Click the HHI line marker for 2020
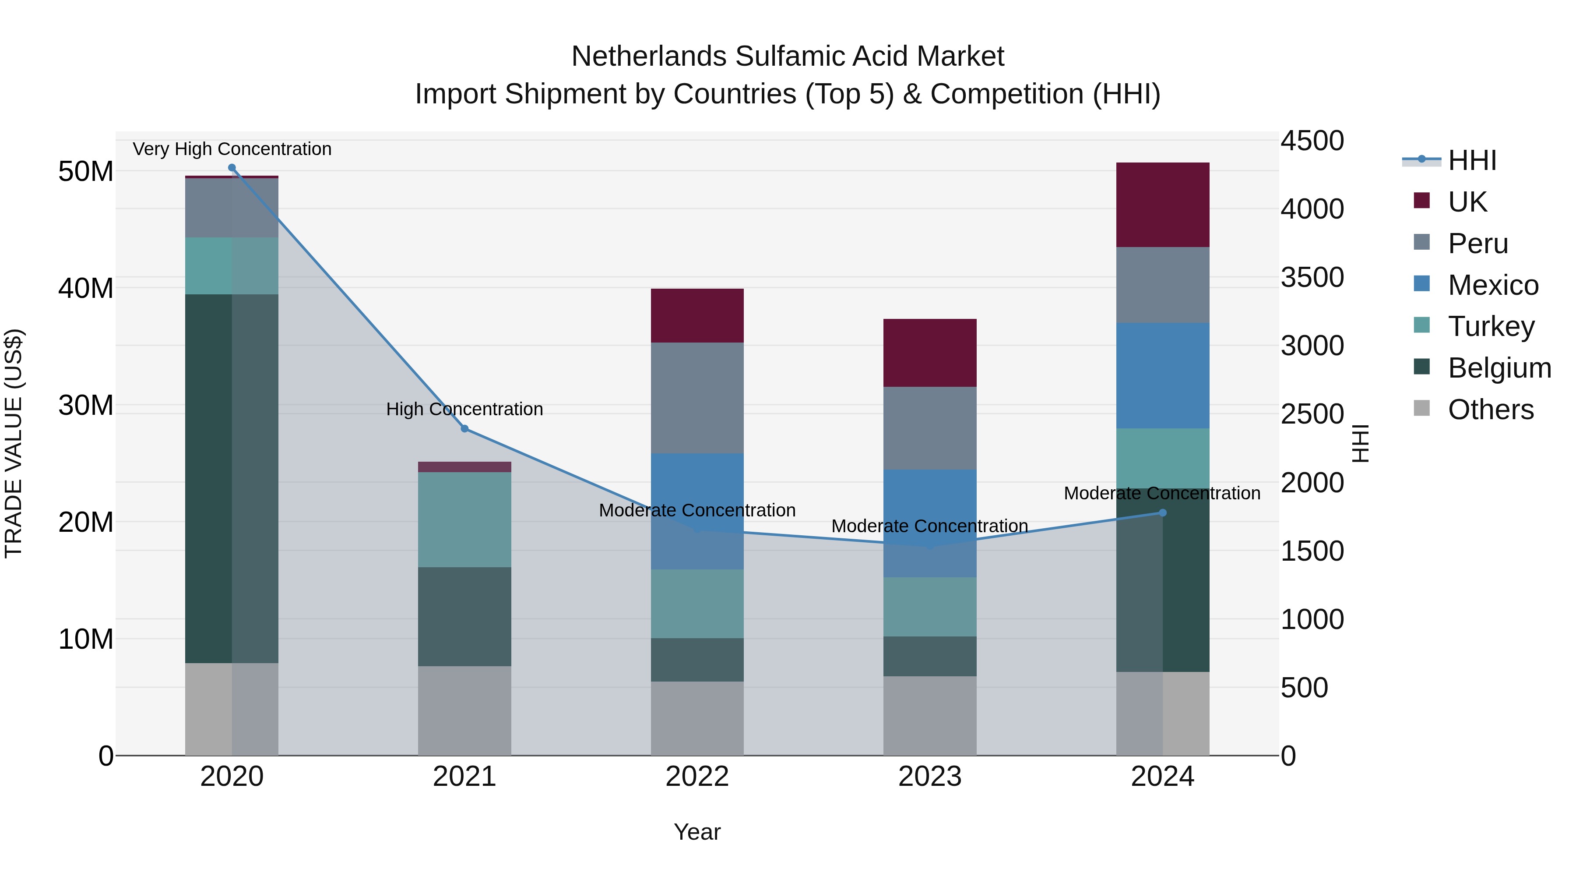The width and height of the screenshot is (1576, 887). click(x=232, y=168)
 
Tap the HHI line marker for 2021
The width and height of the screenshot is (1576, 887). click(x=464, y=428)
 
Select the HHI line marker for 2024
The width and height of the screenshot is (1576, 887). click(x=1162, y=513)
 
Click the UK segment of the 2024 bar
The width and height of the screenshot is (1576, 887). click(x=1162, y=205)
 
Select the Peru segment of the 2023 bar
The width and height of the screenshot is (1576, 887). click(x=929, y=428)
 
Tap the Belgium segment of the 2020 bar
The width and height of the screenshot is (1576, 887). click(x=232, y=478)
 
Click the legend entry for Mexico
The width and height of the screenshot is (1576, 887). click(x=1493, y=285)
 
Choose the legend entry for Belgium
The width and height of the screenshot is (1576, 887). click(x=1499, y=368)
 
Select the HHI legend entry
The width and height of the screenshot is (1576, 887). click(x=1471, y=160)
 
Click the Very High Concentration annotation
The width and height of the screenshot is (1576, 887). click(x=232, y=149)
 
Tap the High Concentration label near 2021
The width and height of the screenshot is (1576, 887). click(x=464, y=409)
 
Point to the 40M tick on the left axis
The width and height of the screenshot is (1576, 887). click(x=86, y=288)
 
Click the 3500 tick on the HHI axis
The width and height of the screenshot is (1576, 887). click(x=1312, y=277)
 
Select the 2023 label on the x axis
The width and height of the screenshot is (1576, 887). click(x=929, y=777)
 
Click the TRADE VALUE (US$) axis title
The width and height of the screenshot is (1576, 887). click(x=14, y=443)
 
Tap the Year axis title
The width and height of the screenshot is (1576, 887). click(x=697, y=832)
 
